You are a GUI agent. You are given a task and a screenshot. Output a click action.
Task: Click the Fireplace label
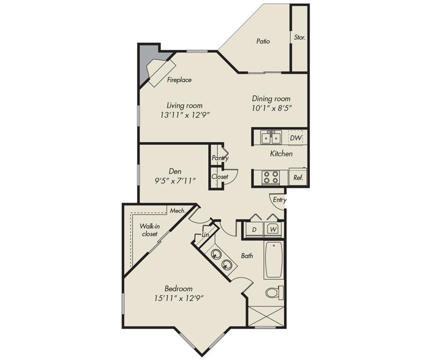tap(179, 80)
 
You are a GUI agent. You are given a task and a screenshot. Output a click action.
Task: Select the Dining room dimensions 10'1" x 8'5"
tap(271, 108)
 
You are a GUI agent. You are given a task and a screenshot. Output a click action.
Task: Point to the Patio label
tap(263, 41)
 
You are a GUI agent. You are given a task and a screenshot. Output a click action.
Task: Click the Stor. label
tap(299, 37)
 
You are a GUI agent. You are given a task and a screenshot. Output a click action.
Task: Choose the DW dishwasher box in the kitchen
tap(296, 138)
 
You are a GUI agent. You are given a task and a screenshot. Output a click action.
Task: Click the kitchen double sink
tap(271, 138)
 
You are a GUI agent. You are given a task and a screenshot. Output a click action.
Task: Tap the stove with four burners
tap(270, 177)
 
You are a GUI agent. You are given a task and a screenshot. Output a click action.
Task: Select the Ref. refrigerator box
tap(298, 178)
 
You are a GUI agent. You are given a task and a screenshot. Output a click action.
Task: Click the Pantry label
tap(220, 158)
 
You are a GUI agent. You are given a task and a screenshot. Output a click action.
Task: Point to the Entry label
tap(280, 200)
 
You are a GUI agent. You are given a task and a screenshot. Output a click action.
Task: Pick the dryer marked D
tap(254, 230)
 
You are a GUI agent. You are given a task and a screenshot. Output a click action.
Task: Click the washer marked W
tap(272, 230)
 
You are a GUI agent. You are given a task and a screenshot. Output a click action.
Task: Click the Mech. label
tap(177, 211)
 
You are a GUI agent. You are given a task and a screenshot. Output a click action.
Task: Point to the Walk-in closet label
tap(150, 230)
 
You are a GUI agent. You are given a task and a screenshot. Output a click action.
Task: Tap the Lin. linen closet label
tap(205, 234)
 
